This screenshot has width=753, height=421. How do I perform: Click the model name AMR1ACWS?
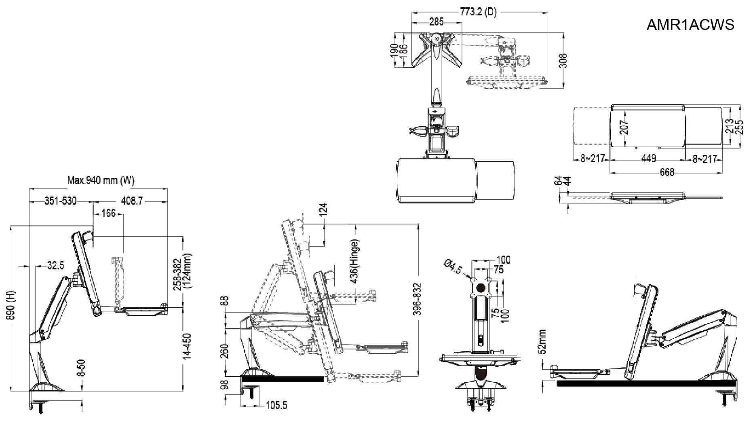[690, 25]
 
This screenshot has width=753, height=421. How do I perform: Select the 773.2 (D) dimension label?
[478, 12]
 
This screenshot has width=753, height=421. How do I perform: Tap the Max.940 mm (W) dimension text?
[101, 180]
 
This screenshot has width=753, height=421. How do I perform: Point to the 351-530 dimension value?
[61, 201]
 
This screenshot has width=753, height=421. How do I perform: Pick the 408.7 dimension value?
[132, 201]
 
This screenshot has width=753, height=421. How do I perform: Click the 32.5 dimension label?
[55, 266]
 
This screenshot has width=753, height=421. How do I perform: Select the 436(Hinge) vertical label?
[354, 261]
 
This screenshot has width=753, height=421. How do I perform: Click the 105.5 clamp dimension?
[276, 405]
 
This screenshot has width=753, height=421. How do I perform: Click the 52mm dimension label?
[542, 341]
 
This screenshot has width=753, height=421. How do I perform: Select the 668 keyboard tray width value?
[667, 172]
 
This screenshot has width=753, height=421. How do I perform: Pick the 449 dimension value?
[649, 159]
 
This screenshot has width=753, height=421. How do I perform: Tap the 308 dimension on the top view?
[564, 60]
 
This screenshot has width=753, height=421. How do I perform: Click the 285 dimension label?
[436, 22]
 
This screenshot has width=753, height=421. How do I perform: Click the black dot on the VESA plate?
[481, 288]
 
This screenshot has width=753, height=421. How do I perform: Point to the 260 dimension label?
[225, 351]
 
